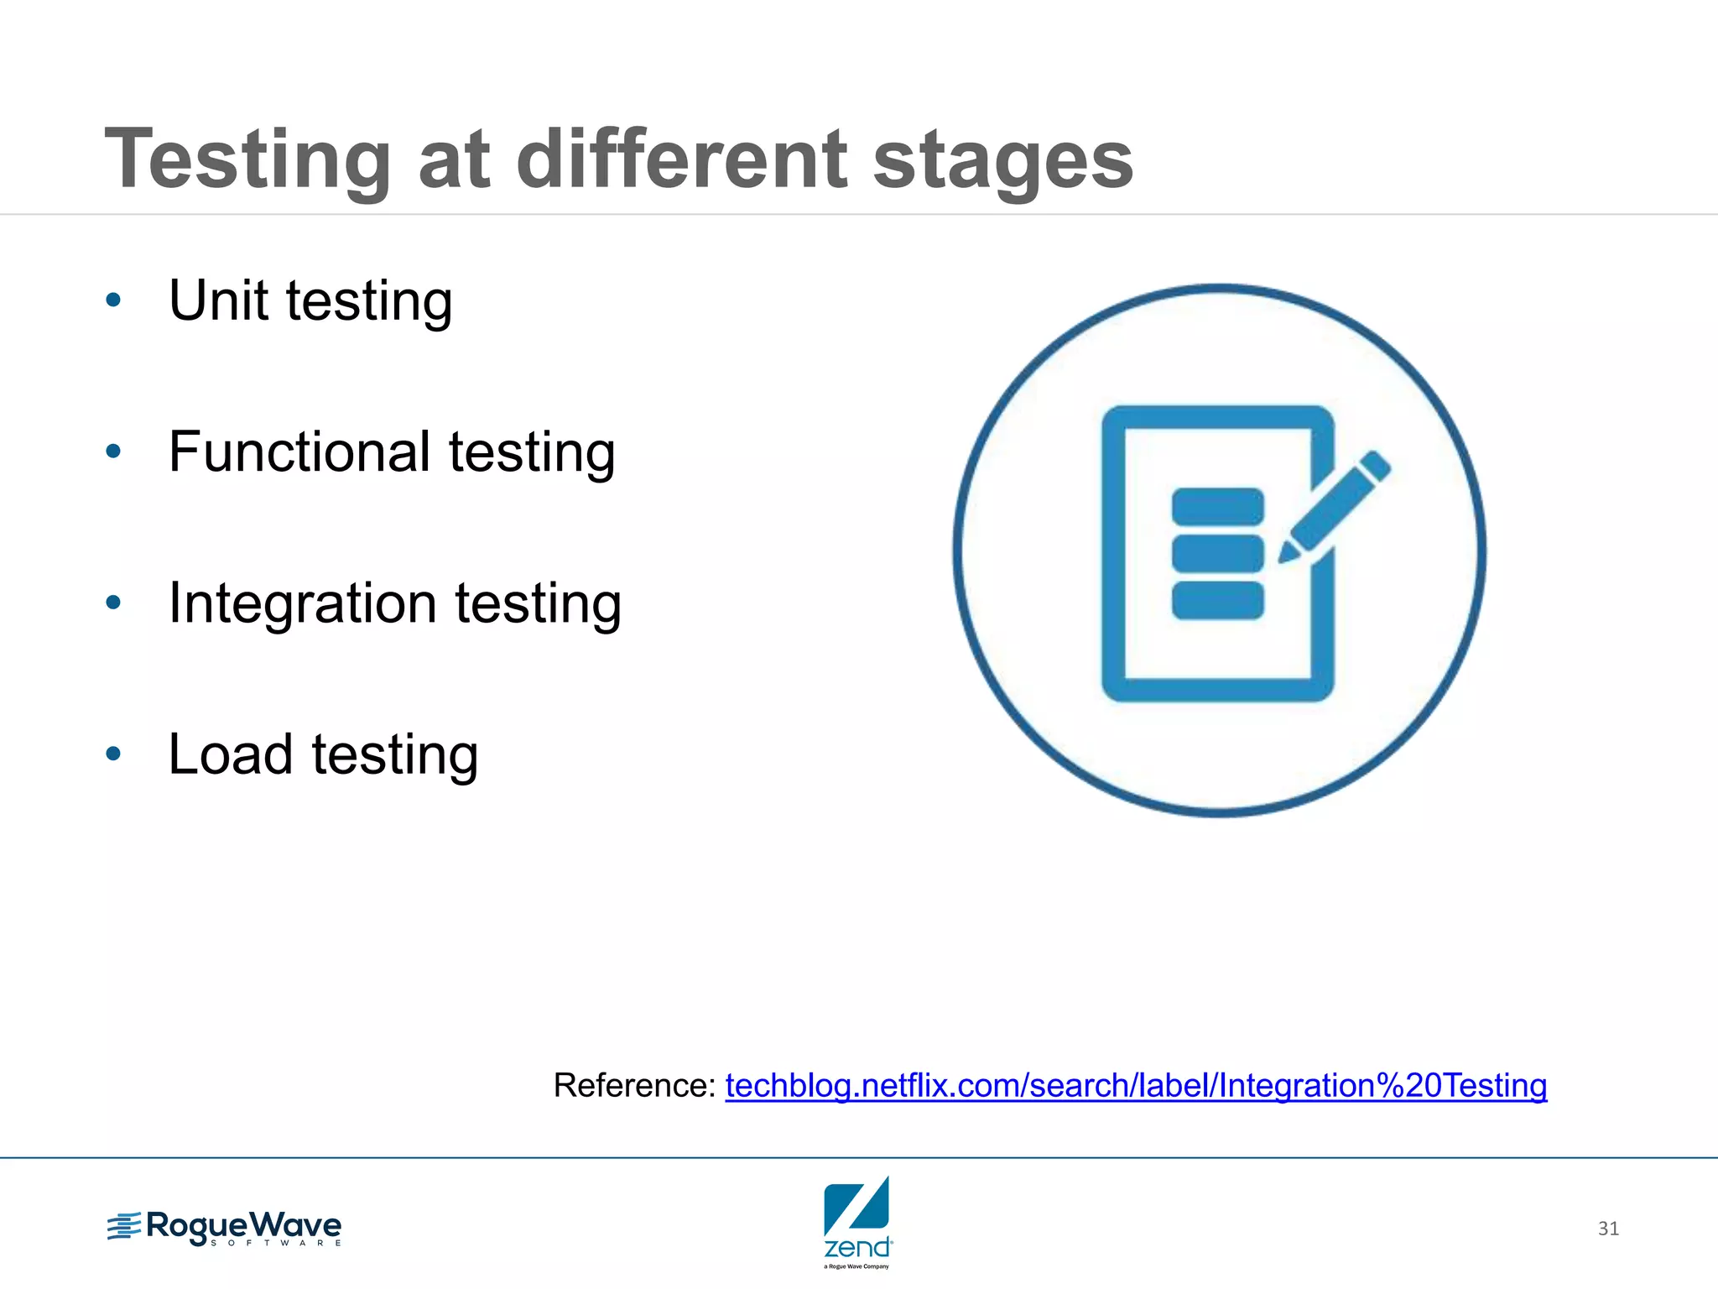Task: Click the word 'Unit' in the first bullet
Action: pos(221,300)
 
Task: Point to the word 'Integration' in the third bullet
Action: pos(303,603)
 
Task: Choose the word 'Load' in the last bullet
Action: pos(230,754)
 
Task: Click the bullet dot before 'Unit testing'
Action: pos(114,300)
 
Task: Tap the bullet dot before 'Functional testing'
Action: pos(114,451)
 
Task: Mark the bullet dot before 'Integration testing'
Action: pos(114,603)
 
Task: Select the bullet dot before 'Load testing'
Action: pos(114,754)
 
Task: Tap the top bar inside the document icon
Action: pos(1217,506)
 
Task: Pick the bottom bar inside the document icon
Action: pos(1217,601)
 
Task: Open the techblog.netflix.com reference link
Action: pos(1136,1085)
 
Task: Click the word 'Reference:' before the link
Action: pos(634,1085)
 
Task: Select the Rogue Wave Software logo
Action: pos(224,1229)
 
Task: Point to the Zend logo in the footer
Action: pos(857,1222)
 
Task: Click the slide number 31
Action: pos(1608,1229)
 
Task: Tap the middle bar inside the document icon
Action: pos(1217,553)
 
